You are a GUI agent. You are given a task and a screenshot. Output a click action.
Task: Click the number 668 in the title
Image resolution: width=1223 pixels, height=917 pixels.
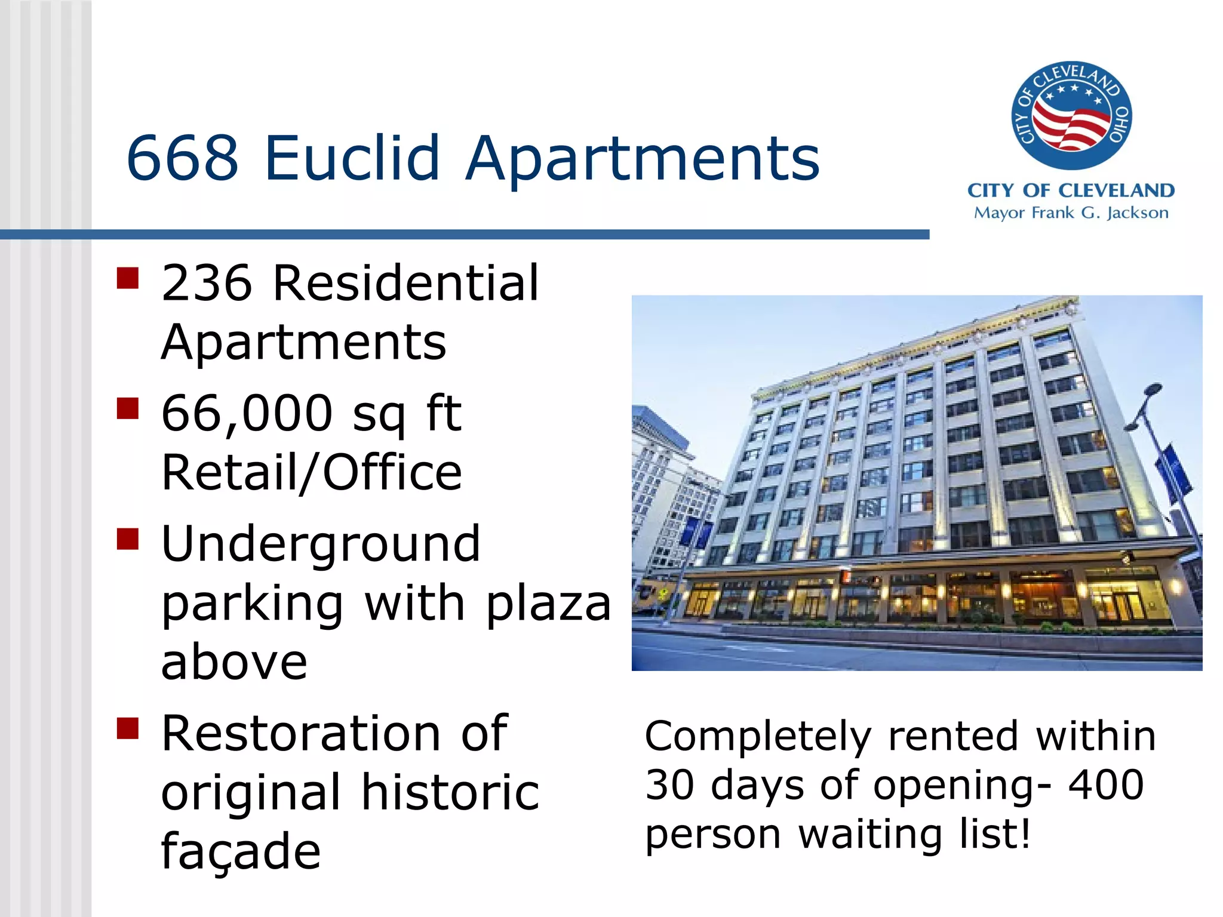(182, 158)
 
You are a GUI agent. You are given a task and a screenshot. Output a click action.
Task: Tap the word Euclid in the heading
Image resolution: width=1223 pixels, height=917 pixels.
(352, 158)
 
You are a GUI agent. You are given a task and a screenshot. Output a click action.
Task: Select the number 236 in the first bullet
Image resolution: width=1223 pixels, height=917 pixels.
(207, 283)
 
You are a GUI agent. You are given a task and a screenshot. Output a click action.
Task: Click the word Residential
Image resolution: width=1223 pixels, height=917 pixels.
(406, 283)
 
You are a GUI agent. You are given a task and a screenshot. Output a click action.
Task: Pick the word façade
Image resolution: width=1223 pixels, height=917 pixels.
(241, 851)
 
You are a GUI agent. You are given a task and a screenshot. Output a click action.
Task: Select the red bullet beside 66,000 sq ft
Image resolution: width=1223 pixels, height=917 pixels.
(128, 409)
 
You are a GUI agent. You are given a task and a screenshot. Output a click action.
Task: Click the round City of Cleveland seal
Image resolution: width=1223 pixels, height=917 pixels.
(1071, 115)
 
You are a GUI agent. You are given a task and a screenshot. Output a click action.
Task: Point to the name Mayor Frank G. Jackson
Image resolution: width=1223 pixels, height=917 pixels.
(1071, 213)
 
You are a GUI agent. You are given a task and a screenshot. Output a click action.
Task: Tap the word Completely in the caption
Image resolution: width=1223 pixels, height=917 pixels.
(758, 737)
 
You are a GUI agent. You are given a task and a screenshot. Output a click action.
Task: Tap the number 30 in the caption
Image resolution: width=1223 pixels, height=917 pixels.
(670, 784)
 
